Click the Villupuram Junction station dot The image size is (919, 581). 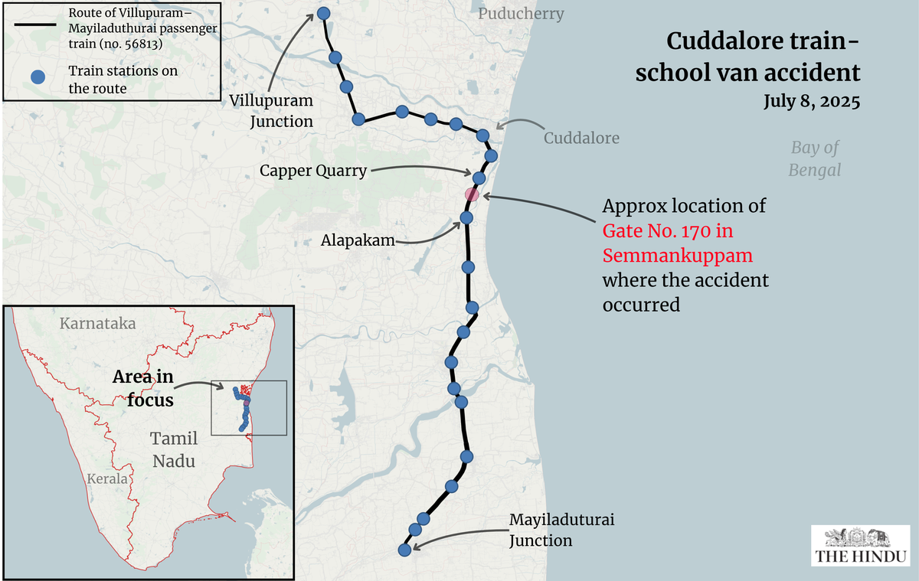pyautogui.click(x=323, y=14)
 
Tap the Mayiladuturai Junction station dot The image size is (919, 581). pyautogui.click(x=405, y=550)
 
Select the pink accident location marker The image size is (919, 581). pyautogui.click(x=472, y=194)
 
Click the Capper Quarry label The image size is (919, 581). pyautogui.click(x=312, y=171)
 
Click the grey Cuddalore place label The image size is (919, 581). pyautogui.click(x=581, y=139)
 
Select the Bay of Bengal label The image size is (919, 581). pyautogui.click(x=815, y=158)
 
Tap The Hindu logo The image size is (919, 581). pyautogui.click(x=860, y=546)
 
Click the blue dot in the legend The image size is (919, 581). pyautogui.click(x=35, y=77)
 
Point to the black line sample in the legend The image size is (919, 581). pyautogui.click(x=35, y=24)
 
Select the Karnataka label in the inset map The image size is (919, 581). pyautogui.click(x=97, y=323)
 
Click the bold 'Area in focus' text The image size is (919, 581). pyautogui.click(x=142, y=388)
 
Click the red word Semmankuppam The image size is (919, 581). pyautogui.click(x=675, y=254)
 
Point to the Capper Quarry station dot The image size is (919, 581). pyautogui.click(x=479, y=178)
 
